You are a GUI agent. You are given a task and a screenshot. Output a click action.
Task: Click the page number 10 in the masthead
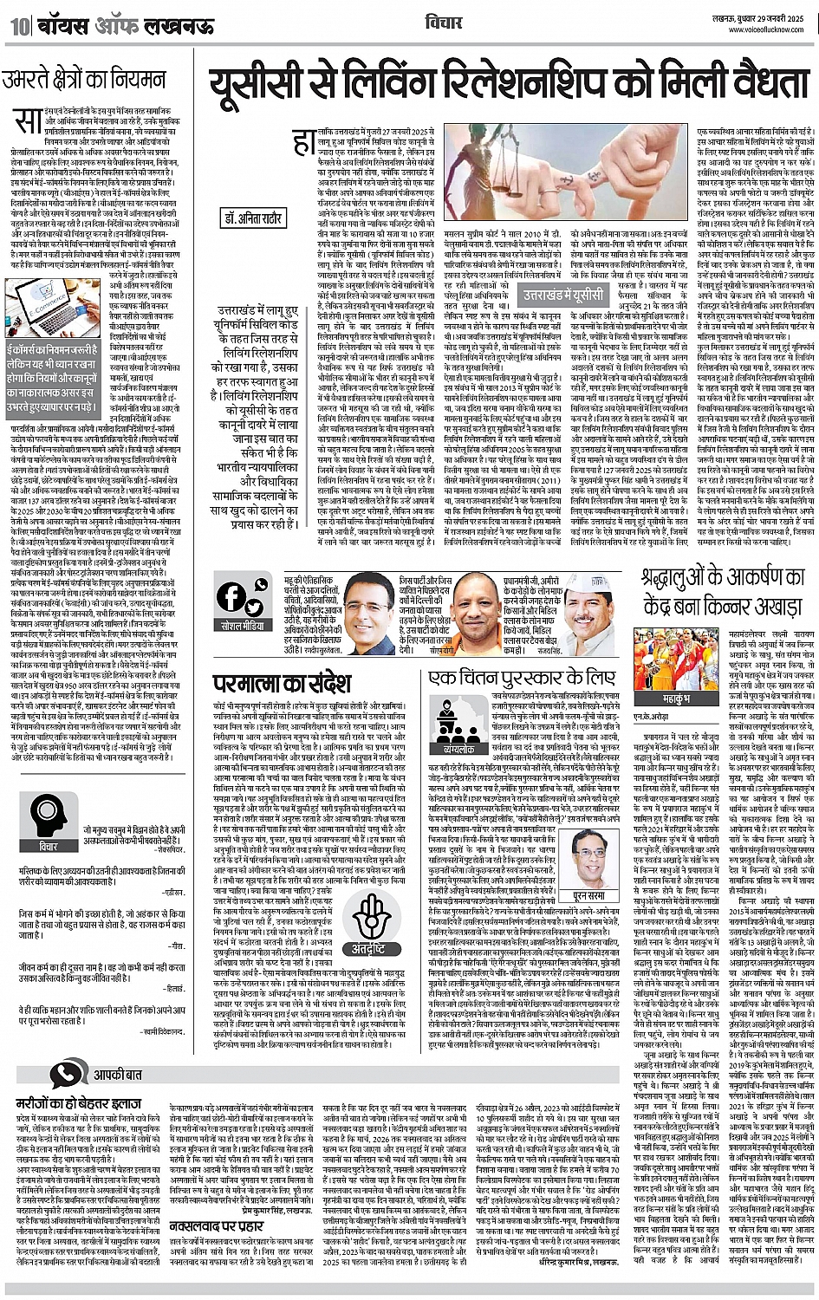16,27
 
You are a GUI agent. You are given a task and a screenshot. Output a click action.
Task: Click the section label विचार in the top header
444,22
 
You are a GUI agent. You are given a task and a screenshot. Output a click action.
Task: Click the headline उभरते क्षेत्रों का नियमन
83,81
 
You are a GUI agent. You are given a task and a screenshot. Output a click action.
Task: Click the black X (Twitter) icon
257,598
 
